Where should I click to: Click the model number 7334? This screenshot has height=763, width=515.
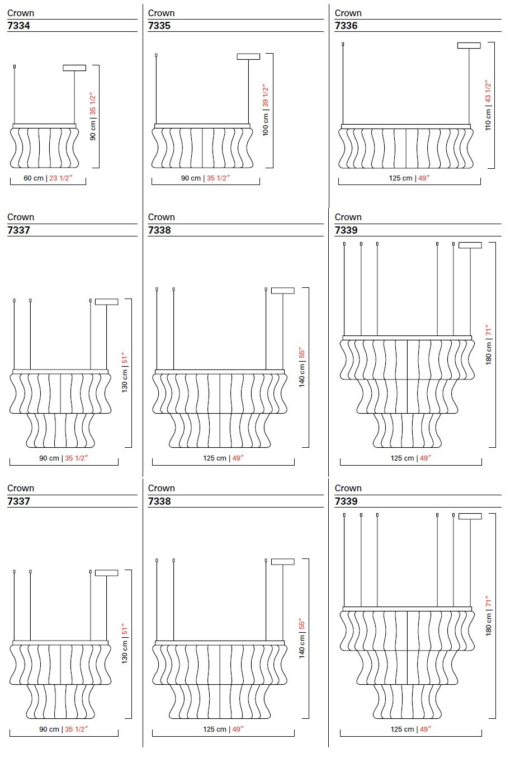19,26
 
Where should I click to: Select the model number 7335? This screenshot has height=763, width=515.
159,26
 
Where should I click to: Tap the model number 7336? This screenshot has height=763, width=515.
346,26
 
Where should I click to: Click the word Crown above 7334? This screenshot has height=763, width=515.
21,13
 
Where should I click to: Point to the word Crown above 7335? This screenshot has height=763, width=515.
161,13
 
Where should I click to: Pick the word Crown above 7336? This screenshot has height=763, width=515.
348,13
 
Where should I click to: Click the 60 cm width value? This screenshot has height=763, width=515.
34,178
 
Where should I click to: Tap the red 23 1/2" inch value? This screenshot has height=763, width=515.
61,178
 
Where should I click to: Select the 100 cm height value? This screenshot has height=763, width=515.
266,124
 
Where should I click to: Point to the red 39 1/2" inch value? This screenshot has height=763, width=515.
266,96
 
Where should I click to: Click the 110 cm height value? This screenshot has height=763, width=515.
488,119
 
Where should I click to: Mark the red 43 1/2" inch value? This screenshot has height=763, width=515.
488,91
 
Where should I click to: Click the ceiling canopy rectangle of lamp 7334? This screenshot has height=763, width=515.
74,68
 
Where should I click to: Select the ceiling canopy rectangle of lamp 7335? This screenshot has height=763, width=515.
248,56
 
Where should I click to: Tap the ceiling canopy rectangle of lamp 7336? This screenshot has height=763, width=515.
469,45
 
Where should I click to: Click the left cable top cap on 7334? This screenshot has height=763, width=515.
15,67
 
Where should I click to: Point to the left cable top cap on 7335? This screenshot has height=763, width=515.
156,55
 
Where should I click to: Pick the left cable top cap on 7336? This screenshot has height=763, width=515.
343,44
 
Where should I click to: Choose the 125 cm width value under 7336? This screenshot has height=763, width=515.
400,178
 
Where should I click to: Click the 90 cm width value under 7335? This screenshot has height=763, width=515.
191,178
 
